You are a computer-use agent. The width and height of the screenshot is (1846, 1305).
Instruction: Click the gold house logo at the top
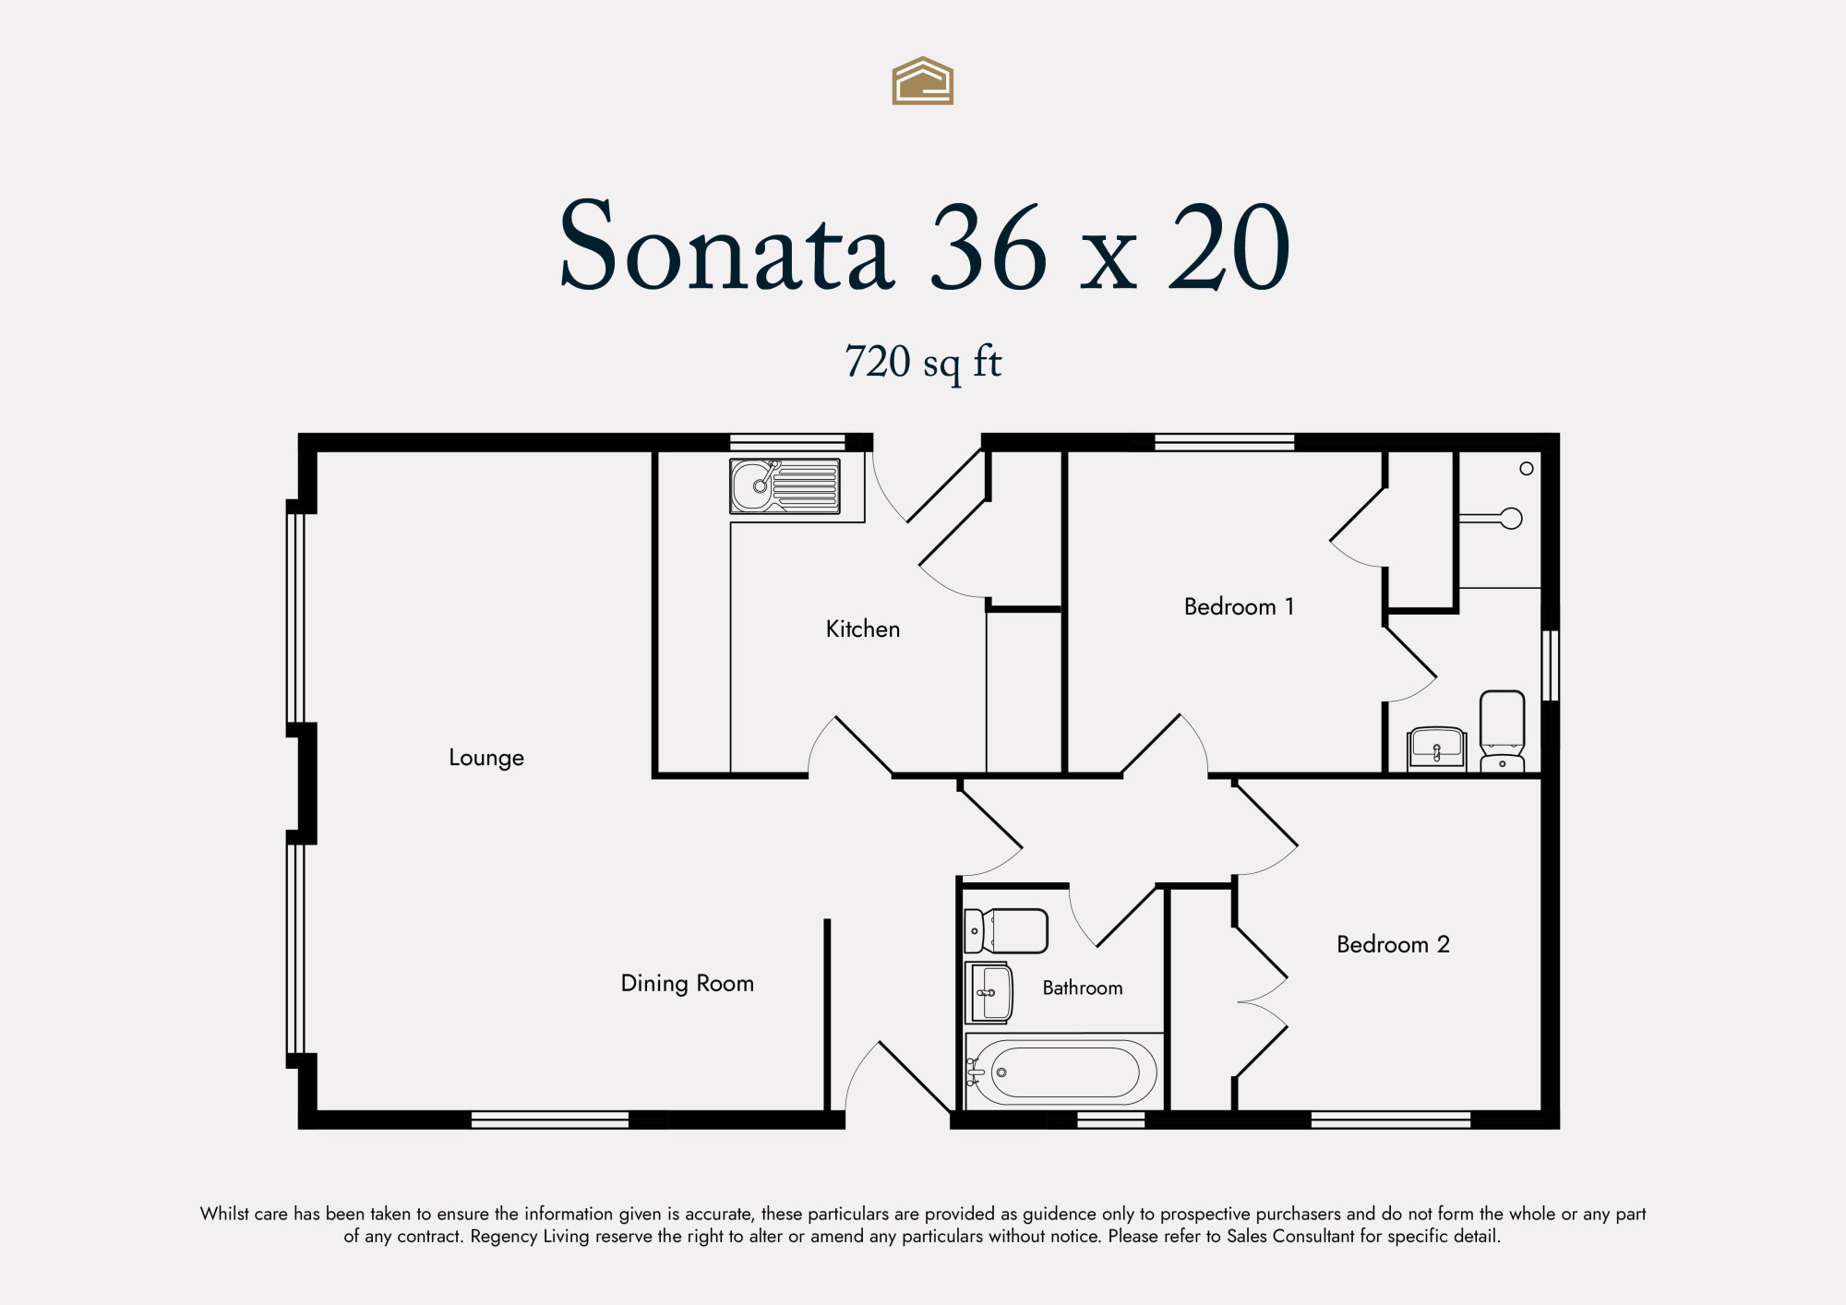coord(922,81)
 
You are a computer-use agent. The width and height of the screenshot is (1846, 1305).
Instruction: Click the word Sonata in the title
coord(726,245)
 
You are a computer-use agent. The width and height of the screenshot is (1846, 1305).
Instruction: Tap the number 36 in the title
coord(989,246)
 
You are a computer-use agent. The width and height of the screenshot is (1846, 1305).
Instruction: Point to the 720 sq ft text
coord(923,362)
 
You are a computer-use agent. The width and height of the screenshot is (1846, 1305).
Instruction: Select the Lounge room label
coord(486,758)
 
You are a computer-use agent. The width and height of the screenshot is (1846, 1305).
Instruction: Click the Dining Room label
coord(688,984)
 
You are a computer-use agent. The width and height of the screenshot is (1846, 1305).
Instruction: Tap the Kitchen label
coord(863,629)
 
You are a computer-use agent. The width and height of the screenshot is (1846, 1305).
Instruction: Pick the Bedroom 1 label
coord(1239,606)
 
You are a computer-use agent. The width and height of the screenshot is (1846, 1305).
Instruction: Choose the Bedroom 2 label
coord(1393,944)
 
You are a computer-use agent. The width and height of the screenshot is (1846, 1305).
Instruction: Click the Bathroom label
coord(1083,988)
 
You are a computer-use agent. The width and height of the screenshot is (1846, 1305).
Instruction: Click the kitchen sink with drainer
coord(785,486)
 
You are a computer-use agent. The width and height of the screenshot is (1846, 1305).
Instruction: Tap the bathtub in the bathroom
coord(1061,1072)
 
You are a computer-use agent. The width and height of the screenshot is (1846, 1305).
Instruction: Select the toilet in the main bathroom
coord(1006,931)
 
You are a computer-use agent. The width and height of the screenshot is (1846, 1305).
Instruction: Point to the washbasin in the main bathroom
coord(989,993)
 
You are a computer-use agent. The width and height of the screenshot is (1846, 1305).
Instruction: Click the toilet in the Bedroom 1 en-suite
coord(1502,731)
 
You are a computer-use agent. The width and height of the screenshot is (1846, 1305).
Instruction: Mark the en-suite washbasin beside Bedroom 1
coord(1437,748)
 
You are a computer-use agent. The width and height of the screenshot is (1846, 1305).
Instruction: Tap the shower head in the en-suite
coord(1511,519)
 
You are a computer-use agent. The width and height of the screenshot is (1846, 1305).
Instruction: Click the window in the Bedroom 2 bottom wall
coord(1391,1120)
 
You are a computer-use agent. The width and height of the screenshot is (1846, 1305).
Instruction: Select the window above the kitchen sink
coord(787,442)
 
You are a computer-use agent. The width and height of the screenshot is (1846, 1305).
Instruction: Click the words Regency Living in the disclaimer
coord(530,1237)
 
